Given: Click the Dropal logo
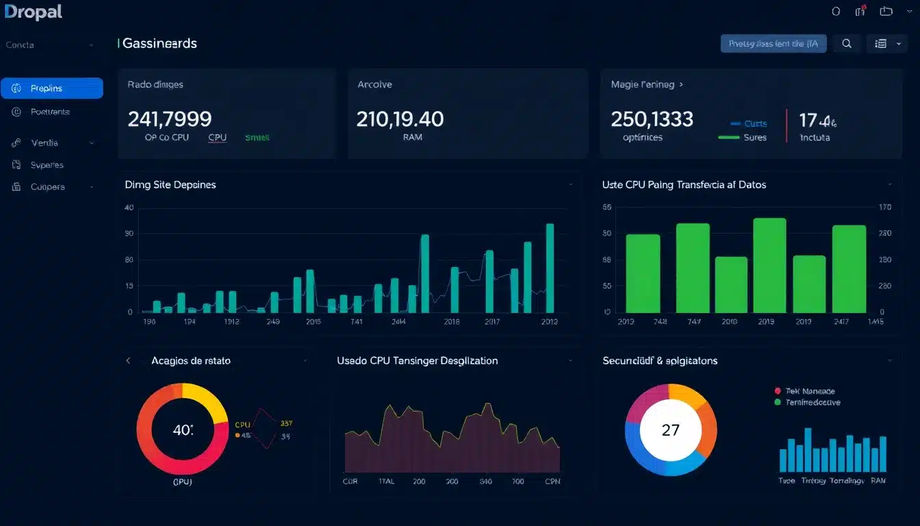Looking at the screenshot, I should (x=33, y=12).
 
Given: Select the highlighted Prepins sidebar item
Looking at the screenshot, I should (x=52, y=88).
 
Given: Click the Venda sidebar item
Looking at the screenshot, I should (x=44, y=143).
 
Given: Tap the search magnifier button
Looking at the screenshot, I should (x=847, y=44).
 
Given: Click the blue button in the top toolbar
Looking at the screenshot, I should (x=774, y=44).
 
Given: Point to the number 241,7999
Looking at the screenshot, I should (x=169, y=119).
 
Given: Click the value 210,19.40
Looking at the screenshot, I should (x=400, y=119).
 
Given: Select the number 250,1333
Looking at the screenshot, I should (x=652, y=119).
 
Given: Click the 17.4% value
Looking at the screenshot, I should (x=817, y=121).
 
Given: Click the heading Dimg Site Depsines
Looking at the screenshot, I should (x=170, y=185).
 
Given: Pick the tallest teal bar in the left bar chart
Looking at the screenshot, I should (x=550, y=267).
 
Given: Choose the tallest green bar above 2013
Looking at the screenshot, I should (x=769, y=265).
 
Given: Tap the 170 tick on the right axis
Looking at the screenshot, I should (x=884, y=207).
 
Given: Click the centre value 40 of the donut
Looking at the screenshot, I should (x=182, y=431).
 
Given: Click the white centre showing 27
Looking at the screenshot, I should (x=671, y=430).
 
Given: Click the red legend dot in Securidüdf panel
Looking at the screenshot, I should (x=777, y=390).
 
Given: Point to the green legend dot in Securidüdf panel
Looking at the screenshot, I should (x=777, y=403).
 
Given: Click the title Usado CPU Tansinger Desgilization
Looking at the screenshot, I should (x=417, y=360).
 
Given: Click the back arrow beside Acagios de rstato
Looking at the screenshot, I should (x=128, y=360).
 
